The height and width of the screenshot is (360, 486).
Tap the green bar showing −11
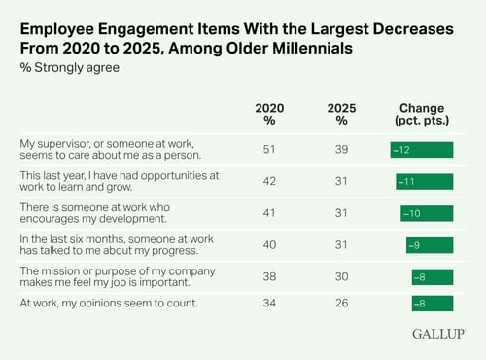coord(424,181)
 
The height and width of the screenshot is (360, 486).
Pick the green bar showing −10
coord(427,213)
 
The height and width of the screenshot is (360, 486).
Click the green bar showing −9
coord(429,244)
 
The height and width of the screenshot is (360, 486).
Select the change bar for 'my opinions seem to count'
coord(432,305)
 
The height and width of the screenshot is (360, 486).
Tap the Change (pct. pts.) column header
coord(422,114)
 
